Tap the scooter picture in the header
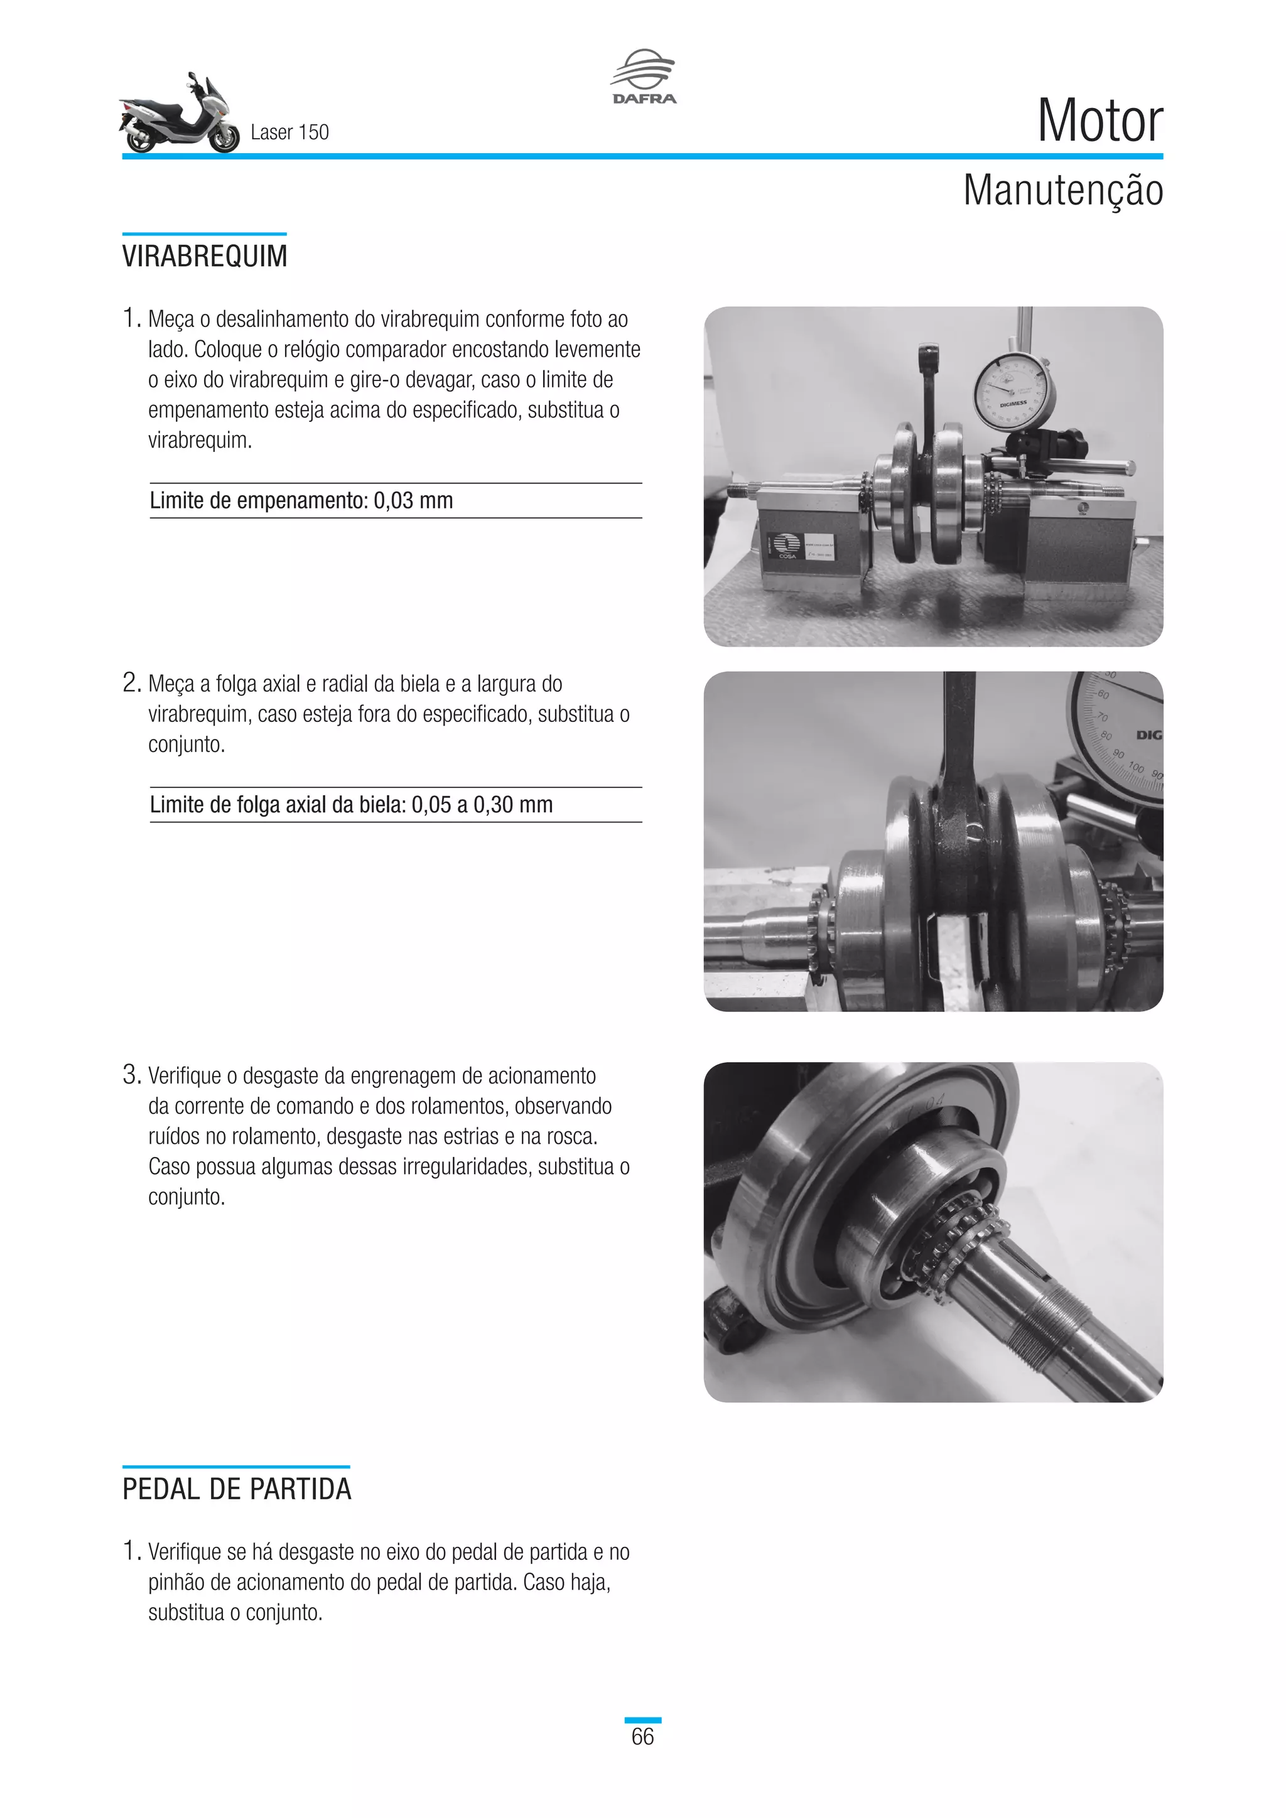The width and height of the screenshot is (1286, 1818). click(179, 115)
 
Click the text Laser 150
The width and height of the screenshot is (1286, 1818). click(289, 132)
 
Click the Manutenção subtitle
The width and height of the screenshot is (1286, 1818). click(1062, 191)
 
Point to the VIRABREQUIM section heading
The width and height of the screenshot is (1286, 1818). click(204, 257)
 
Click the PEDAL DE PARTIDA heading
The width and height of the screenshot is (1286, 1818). click(236, 1488)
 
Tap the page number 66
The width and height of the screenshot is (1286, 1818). click(642, 1736)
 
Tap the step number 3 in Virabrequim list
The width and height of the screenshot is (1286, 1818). click(131, 1075)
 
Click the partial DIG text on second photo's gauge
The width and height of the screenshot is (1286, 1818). click(1149, 735)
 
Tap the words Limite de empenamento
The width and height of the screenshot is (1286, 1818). click(258, 500)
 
